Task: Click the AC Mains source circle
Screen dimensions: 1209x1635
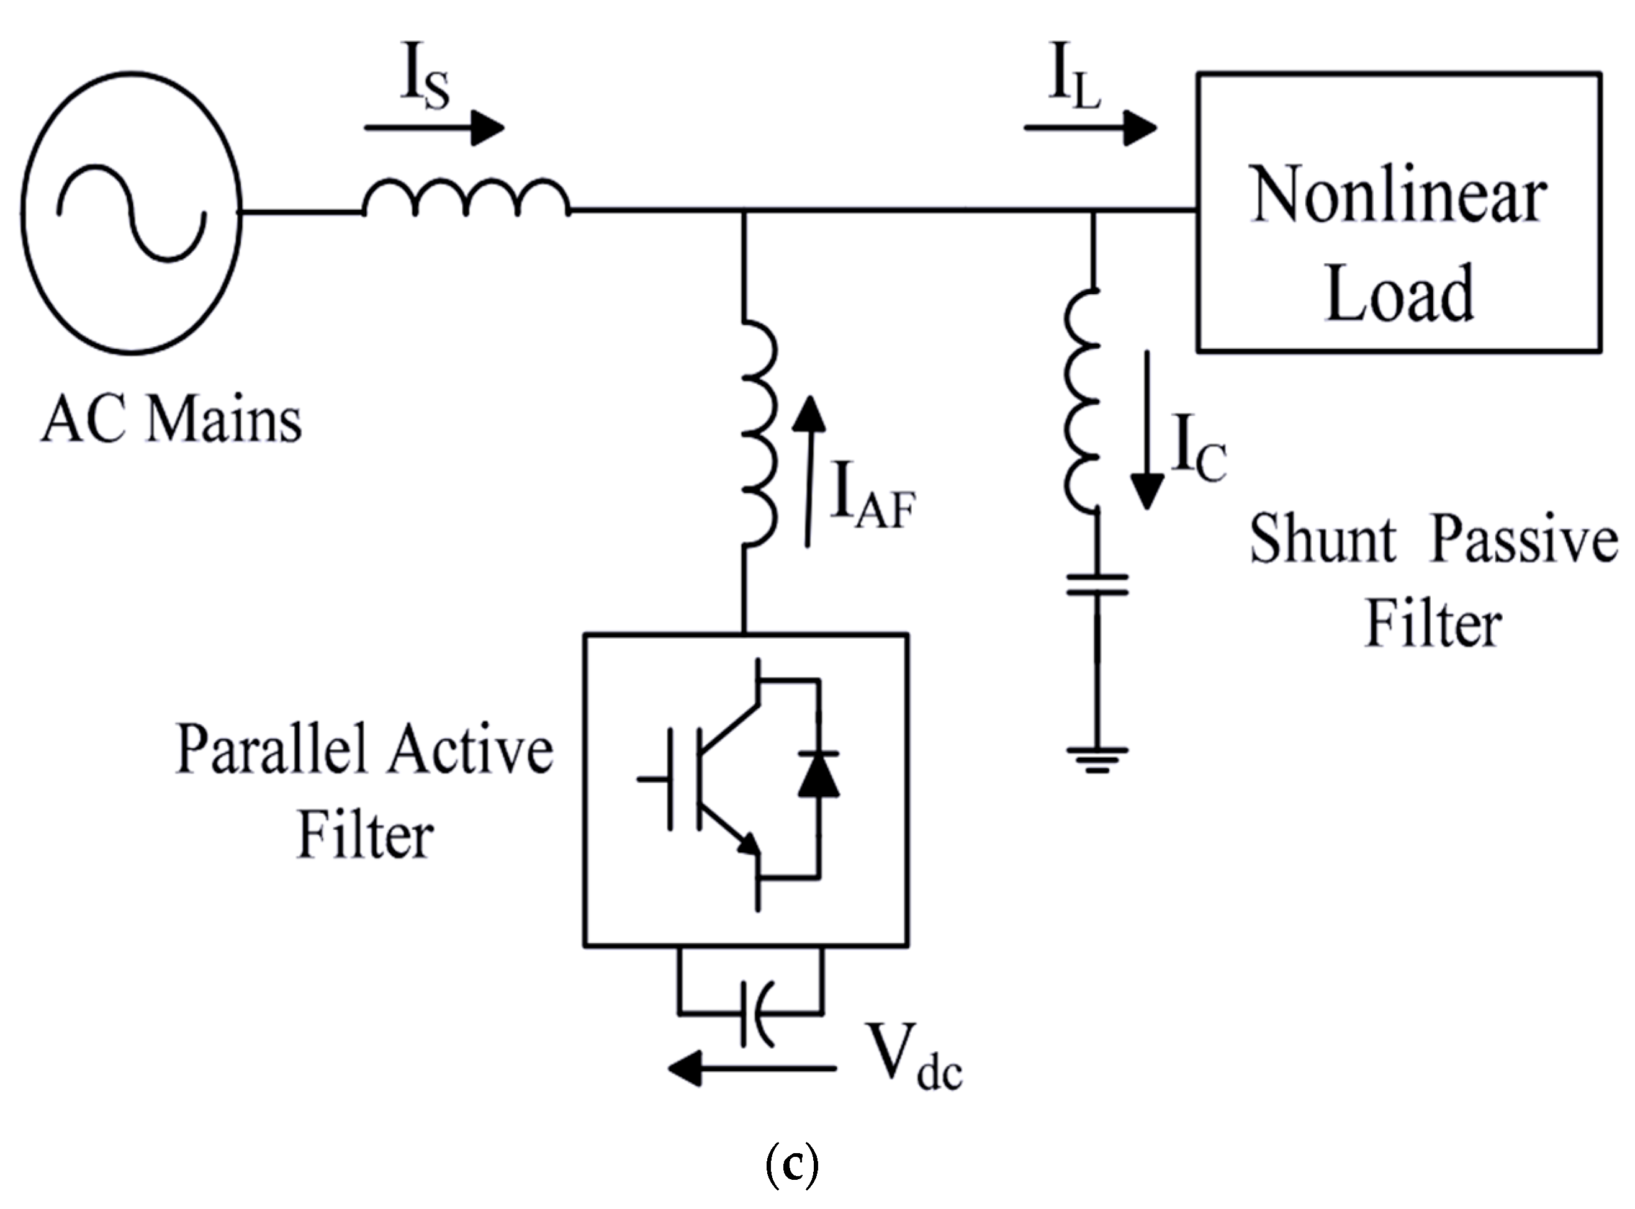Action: [132, 213]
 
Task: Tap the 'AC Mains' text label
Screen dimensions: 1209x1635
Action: [171, 421]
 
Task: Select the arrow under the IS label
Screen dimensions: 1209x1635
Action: [435, 128]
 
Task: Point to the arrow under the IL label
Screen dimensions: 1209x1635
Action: [1091, 128]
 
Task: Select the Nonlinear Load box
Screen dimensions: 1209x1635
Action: [1399, 213]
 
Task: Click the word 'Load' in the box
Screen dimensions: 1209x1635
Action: [1399, 294]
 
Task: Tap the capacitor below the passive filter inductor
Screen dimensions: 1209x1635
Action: [1096, 585]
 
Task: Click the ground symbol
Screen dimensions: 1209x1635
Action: [1096, 759]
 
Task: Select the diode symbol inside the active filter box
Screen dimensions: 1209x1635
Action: [818, 773]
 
